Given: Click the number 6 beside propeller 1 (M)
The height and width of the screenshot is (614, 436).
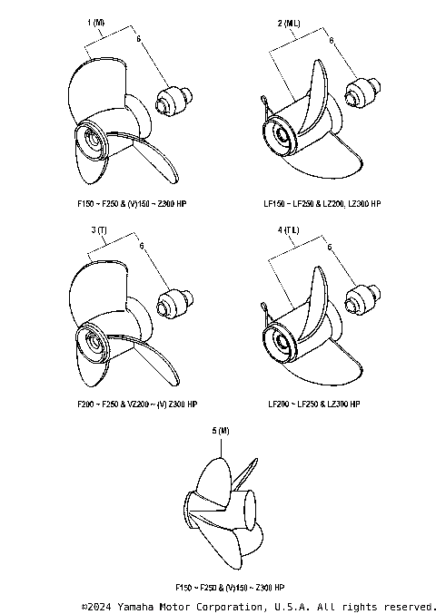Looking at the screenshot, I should coord(137,41).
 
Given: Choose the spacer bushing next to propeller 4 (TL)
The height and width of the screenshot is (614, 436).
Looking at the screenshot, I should coord(363,299).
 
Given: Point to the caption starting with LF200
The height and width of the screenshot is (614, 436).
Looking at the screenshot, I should coord(315,404).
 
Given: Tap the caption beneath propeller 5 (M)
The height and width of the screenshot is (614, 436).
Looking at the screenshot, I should coord(222,589).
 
